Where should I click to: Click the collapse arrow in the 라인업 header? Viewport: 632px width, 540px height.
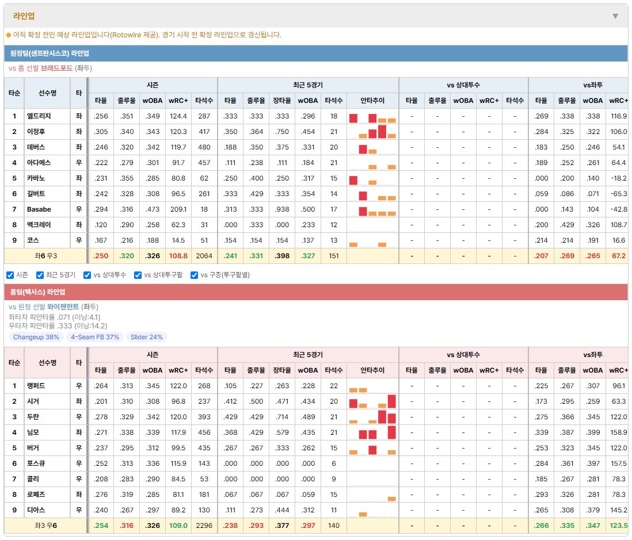click(x=615, y=16)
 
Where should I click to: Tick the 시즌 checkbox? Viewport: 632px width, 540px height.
click(x=10, y=275)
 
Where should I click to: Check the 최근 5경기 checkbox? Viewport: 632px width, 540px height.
click(x=40, y=275)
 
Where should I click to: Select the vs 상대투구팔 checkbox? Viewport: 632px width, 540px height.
click(x=138, y=275)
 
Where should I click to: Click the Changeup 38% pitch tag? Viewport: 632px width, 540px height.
click(x=36, y=337)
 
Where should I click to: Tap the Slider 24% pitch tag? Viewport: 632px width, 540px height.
click(x=146, y=337)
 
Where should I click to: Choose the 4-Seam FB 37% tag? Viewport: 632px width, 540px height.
click(x=95, y=337)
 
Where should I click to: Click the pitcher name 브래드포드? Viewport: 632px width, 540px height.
click(x=56, y=68)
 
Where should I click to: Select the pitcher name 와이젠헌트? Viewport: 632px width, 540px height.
click(x=63, y=307)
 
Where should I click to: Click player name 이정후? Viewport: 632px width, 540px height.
click(x=36, y=132)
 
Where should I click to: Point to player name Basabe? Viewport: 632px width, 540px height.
click(x=39, y=209)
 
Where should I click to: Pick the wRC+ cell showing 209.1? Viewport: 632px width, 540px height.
click(x=178, y=209)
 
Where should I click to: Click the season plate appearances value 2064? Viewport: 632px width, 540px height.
click(x=204, y=256)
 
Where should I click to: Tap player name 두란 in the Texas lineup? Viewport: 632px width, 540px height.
click(x=33, y=417)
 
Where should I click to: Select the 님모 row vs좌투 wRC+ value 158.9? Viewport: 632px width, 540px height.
click(x=619, y=432)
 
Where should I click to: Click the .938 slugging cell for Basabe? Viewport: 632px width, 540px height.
click(x=282, y=209)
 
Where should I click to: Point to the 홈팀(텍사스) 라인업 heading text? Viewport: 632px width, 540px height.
click(x=37, y=292)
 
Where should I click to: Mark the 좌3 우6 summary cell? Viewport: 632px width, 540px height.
click(x=46, y=526)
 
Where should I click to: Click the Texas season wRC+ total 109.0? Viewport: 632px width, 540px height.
click(x=178, y=526)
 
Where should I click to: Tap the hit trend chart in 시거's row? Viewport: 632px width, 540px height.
click(x=372, y=401)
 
